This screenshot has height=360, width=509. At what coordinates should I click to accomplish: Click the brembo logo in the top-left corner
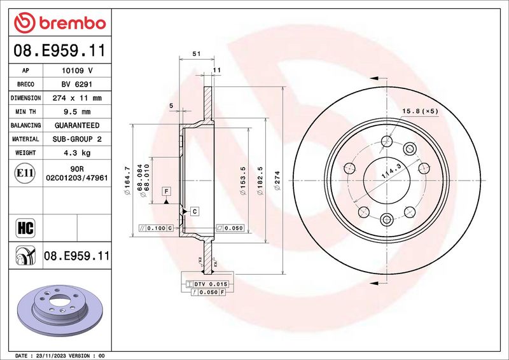tap(60, 23)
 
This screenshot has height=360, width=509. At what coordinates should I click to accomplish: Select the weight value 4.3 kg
tap(77, 153)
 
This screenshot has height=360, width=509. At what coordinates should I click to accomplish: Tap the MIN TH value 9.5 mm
tap(77, 112)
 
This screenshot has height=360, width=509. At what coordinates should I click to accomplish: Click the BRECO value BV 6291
tap(77, 85)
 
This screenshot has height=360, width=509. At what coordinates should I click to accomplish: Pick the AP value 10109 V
tap(77, 71)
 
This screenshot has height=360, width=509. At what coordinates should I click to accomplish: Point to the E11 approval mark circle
tap(25, 173)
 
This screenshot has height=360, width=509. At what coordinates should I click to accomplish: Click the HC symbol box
tap(25, 228)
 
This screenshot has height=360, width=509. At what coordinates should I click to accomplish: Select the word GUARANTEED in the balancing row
tap(77, 125)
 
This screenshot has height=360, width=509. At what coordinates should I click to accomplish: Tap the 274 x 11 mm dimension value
tap(77, 98)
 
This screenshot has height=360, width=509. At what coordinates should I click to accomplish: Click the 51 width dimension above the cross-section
tap(197, 54)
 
